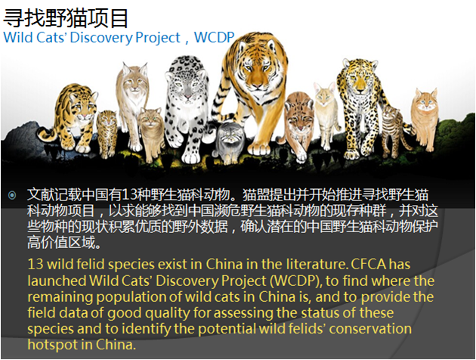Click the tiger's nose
(x=257, y=87)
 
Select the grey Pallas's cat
(x=230, y=141)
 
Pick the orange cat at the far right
(x=425, y=119)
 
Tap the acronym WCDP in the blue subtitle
(x=215, y=38)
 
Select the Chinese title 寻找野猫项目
(x=66, y=18)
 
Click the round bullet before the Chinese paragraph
(x=12, y=195)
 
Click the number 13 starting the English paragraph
(x=36, y=264)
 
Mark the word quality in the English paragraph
(x=167, y=313)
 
